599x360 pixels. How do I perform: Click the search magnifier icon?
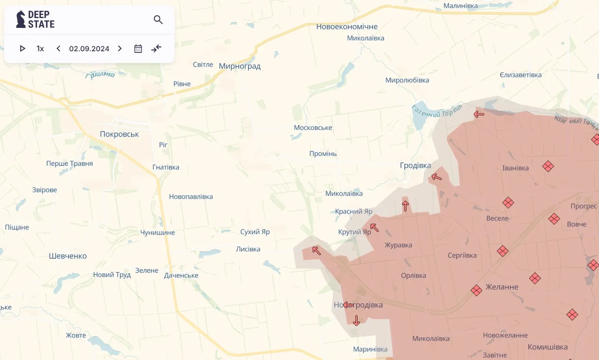tap(158, 19)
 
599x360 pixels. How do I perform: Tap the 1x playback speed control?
tap(40, 48)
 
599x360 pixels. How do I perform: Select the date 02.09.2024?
tap(89, 48)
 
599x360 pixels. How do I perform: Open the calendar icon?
tap(138, 48)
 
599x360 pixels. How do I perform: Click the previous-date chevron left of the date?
tap(58, 48)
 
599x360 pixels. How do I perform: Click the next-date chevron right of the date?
tap(120, 48)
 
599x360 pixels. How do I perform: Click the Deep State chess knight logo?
tap(21, 19)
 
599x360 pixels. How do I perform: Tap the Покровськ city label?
tap(119, 134)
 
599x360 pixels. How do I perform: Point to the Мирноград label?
tap(240, 66)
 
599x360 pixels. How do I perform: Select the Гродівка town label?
tap(415, 165)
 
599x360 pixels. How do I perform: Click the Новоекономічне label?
tap(347, 27)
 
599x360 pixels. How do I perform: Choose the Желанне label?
tap(502, 287)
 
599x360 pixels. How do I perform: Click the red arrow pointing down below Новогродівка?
tap(356, 320)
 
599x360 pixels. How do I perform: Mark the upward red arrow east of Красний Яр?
tap(405, 206)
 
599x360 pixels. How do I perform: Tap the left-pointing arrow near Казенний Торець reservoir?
tap(479, 114)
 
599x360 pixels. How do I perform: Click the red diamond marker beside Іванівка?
tap(548, 166)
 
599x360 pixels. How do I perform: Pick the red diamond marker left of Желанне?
tap(476, 290)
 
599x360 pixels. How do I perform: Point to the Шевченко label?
tap(68, 256)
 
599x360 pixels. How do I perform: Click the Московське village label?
tap(313, 128)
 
